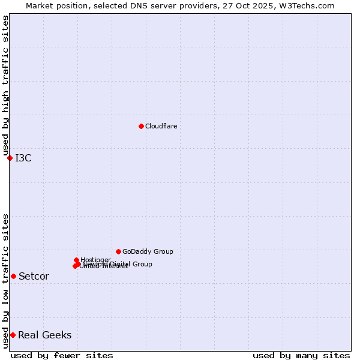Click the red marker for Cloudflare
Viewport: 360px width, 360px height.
coord(141,126)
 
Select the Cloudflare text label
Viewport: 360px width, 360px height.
coord(161,126)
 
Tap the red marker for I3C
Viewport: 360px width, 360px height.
coord(10,158)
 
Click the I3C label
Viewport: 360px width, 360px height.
coord(23,158)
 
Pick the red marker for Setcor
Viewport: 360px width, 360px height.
coord(13,276)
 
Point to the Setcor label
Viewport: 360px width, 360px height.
coord(34,277)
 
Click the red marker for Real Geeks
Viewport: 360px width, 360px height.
coord(13,335)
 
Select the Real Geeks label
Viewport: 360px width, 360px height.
coord(45,335)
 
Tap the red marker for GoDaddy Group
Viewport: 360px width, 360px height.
coord(118,251)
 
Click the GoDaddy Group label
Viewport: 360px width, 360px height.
coord(148,251)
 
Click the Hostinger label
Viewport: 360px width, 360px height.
coord(96,260)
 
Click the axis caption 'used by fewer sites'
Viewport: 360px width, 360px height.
coord(62,355)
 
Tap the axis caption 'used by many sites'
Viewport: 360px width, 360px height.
coord(301,355)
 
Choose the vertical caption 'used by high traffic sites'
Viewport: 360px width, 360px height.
coord(5,86)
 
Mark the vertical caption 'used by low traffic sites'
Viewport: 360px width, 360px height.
coord(5,280)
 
